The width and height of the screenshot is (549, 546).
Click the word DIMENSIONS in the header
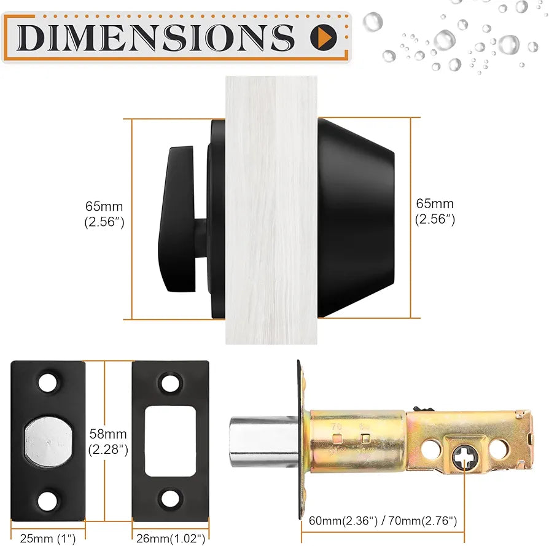click(x=157, y=37)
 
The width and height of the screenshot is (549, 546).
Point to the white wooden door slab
click(x=271, y=209)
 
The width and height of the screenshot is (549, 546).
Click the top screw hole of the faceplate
click(x=47, y=383)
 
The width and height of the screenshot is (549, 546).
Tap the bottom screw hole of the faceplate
click(x=47, y=500)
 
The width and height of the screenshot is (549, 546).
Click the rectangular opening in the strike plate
click(x=169, y=442)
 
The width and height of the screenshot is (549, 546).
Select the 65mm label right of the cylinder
click(x=435, y=211)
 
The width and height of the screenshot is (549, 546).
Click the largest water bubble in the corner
click(x=508, y=44)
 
